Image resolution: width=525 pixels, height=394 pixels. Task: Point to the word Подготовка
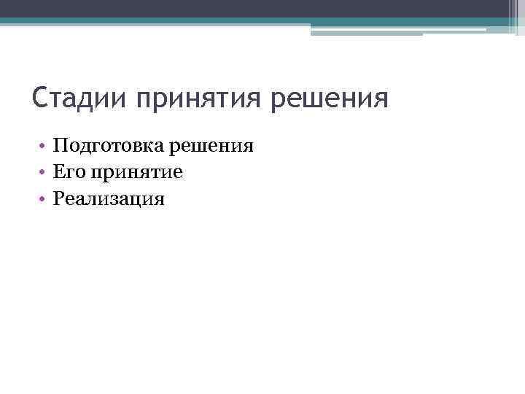point(109,147)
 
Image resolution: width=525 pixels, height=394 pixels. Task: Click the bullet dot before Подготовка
point(44,147)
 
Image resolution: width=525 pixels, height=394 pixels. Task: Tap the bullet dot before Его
point(44,173)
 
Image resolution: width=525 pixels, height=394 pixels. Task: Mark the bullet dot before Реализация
point(44,198)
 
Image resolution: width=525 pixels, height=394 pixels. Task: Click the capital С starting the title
point(41,98)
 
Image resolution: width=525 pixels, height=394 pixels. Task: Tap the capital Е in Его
point(58,172)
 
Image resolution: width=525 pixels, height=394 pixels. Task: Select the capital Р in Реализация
point(58,198)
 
